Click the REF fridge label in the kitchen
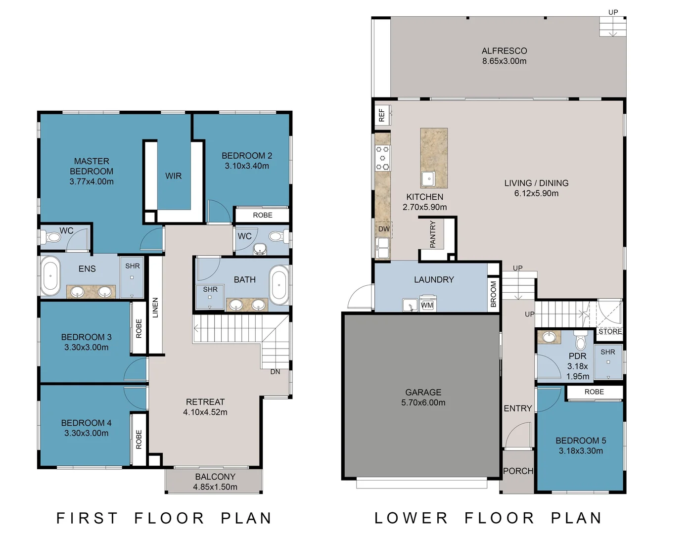point(382,115)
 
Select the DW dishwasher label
point(384,229)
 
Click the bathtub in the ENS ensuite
point(50,276)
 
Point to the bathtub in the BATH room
point(279,285)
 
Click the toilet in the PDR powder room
point(581,340)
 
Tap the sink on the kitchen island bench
point(428,178)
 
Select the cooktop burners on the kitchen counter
point(382,158)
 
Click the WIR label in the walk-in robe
point(173,176)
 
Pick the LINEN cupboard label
point(155,308)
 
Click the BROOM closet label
point(493,294)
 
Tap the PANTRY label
point(432,234)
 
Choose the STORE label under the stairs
point(610,331)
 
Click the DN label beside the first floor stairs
point(276,372)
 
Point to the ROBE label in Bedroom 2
point(263,215)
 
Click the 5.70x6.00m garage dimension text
point(423,402)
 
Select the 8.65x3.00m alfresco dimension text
point(505,61)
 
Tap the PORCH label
point(518,471)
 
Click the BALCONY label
point(215,477)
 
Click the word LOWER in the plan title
point(411,518)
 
